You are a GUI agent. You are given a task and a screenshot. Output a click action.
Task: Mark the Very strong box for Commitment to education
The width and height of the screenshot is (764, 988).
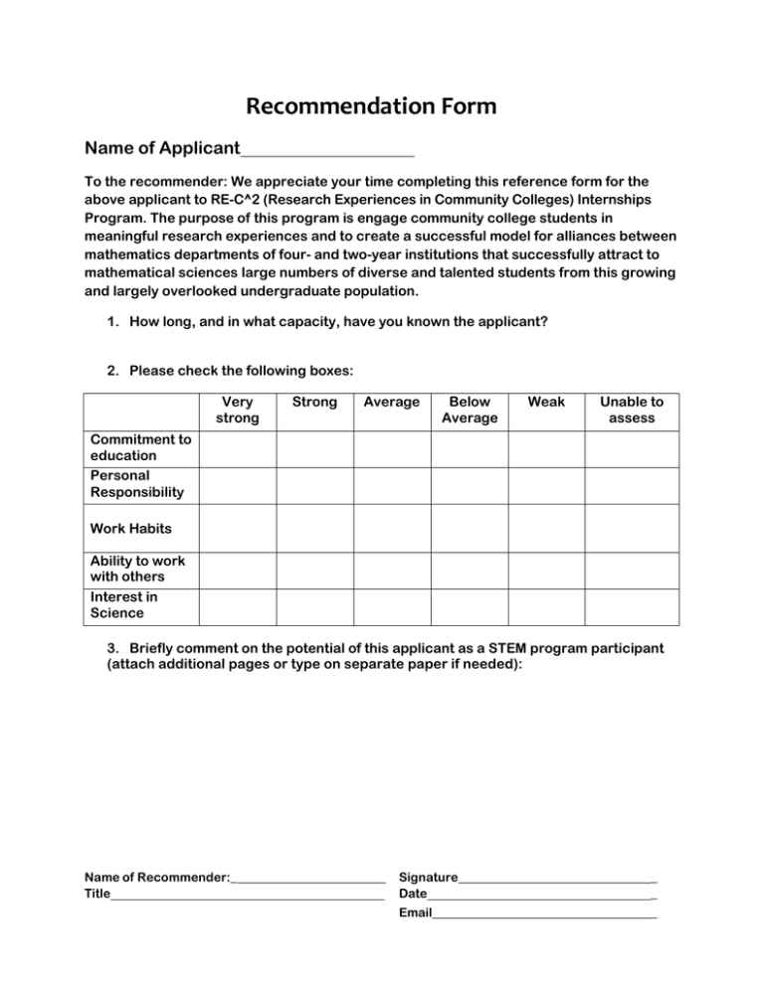(238, 446)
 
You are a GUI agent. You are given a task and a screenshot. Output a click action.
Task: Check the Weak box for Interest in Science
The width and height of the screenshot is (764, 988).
(546, 605)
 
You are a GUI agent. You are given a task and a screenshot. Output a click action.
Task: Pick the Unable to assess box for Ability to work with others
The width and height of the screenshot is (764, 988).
(632, 568)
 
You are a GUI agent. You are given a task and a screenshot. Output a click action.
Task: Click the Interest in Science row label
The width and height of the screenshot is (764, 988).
(124, 605)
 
